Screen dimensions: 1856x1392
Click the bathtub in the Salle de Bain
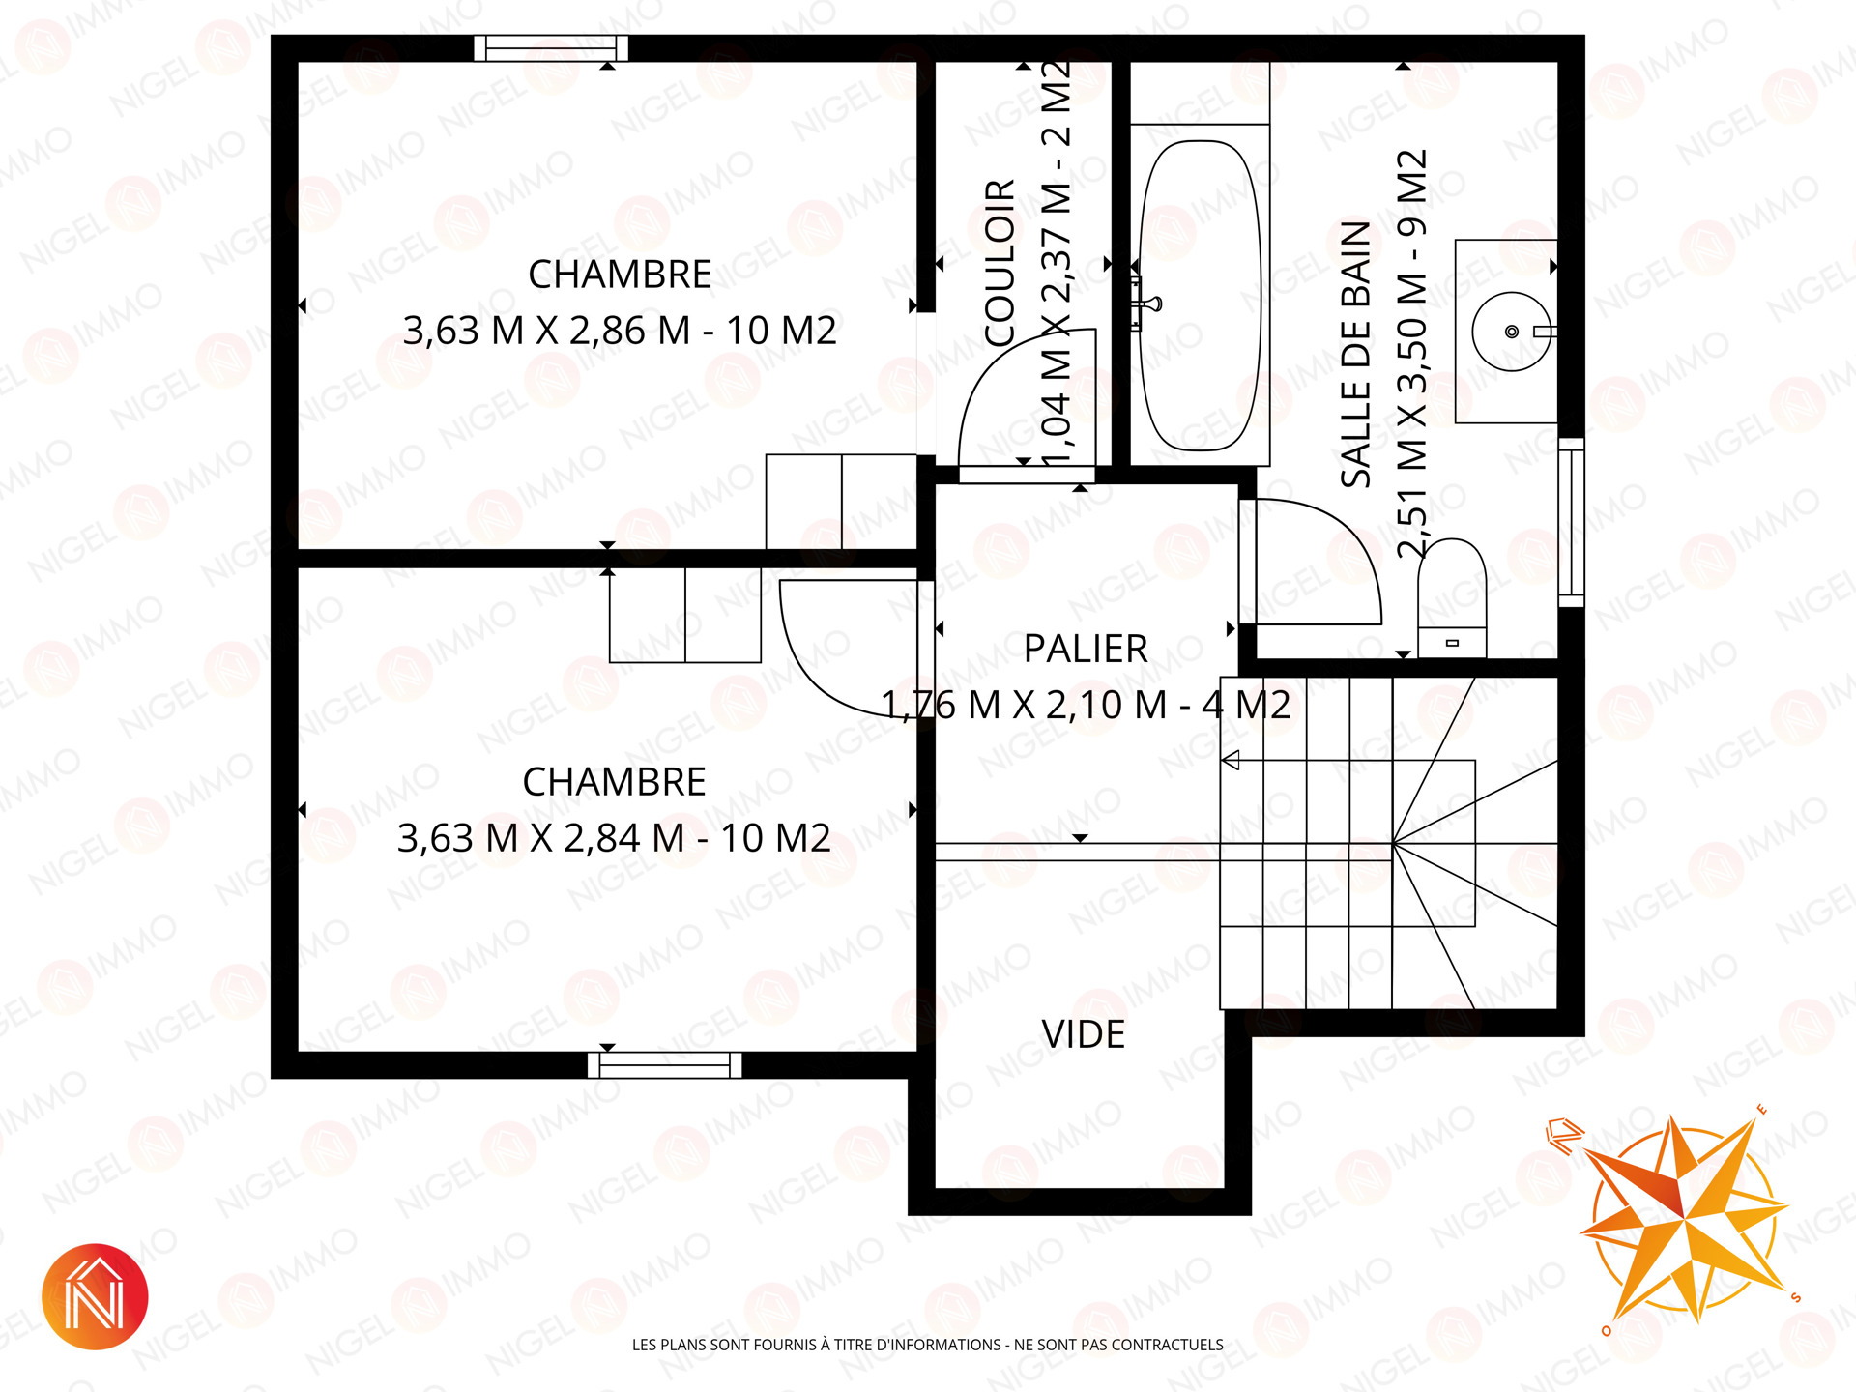(1200, 296)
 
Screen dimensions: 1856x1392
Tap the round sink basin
(1511, 332)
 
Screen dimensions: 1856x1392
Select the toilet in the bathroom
(1452, 598)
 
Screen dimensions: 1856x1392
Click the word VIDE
(1084, 1034)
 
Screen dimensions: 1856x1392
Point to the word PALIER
(1086, 649)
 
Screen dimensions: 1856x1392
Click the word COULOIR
(1000, 262)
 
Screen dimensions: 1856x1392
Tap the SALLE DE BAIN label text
(1356, 354)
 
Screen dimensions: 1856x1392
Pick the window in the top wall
(551, 48)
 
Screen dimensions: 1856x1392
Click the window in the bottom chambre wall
(665, 1065)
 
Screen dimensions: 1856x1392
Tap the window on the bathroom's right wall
(1572, 522)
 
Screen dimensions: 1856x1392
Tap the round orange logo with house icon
(95, 1296)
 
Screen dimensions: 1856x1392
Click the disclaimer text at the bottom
(928, 1345)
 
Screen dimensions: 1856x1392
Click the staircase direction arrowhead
(1231, 761)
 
